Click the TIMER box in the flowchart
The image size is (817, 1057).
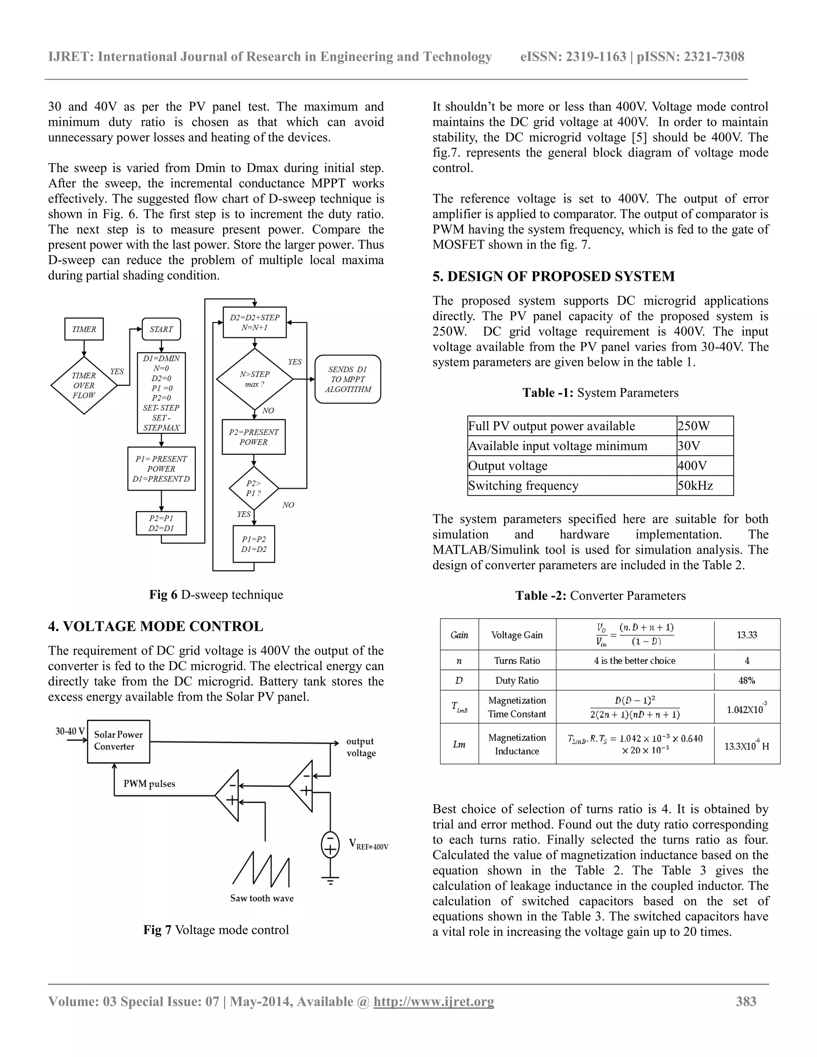click(84, 329)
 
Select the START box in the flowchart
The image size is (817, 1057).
click(161, 329)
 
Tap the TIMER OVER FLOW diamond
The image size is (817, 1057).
click(84, 385)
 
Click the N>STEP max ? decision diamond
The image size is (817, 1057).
click(255, 379)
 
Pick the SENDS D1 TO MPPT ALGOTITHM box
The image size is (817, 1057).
click(347, 379)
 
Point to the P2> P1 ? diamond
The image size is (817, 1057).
click(254, 488)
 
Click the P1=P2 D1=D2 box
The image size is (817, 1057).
click(254, 544)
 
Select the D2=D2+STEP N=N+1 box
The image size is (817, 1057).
click(255, 322)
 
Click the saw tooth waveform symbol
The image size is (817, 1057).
click(261, 869)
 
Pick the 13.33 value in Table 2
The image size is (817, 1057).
click(746, 635)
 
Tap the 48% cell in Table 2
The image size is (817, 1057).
click(746, 680)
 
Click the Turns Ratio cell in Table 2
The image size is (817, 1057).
click(517, 660)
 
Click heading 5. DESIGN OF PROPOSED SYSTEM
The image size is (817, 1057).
click(553, 276)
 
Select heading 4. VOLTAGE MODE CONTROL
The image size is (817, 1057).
click(155, 626)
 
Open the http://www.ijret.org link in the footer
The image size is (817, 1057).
click(433, 1001)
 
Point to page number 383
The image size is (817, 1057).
click(746, 1001)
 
